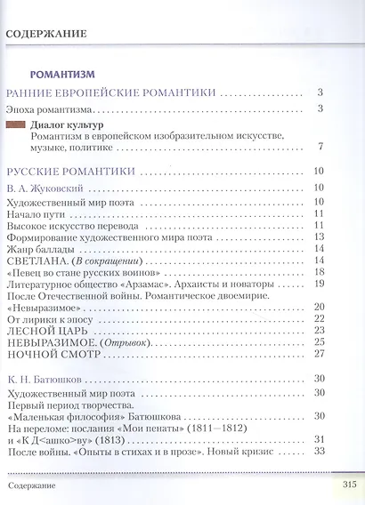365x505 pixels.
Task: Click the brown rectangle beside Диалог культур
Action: [x=15, y=124]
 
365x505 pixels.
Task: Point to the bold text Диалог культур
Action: [x=66, y=124]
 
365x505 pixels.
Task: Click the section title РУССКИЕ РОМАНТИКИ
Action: [x=71, y=171]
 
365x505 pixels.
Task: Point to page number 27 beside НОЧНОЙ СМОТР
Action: [x=318, y=353]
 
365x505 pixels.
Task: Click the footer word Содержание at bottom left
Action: [x=32, y=486]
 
